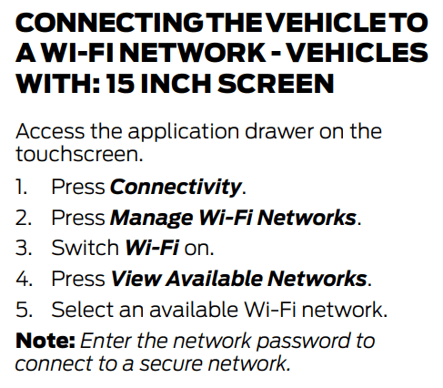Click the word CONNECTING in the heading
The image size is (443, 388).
(109, 23)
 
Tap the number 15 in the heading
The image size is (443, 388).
(120, 83)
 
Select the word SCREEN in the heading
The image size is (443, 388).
(276, 83)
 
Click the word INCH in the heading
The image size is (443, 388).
(176, 83)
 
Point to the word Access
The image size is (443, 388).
(50, 131)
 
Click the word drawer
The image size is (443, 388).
(279, 131)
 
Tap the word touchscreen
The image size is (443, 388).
(79, 154)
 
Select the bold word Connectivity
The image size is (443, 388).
(176, 187)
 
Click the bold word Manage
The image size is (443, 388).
(152, 219)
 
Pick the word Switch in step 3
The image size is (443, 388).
(85, 248)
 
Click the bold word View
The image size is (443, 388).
(136, 279)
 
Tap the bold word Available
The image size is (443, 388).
(214, 279)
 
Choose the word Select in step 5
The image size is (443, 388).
(83, 310)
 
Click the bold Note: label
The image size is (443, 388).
(45, 341)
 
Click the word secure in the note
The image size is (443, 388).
(171, 363)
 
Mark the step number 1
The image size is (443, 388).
(21, 187)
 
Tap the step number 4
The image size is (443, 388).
(24, 279)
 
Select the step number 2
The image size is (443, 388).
(24, 218)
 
